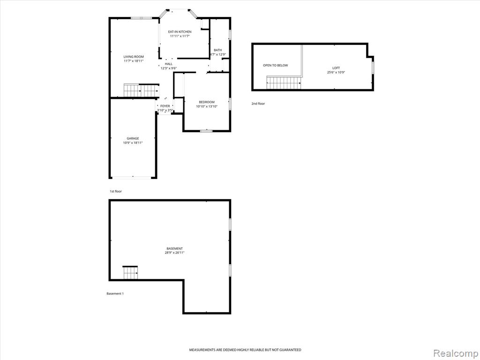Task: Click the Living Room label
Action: [134, 57]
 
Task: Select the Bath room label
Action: [218, 50]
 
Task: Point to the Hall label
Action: [169, 64]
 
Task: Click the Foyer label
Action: [165, 106]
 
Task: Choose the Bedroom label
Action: [207, 102]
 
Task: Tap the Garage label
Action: [133, 138]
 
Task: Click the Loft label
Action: [336, 68]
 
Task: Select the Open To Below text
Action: [276, 66]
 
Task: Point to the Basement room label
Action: [174, 248]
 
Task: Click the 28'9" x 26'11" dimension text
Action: [174, 253]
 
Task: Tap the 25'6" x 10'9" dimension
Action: [336, 73]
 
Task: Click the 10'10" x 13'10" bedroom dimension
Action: [207, 106]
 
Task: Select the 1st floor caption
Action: [116, 191]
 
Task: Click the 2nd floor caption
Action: [258, 104]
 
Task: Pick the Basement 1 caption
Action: [115, 294]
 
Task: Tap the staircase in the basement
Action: [130, 272]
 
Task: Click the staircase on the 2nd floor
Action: [284, 82]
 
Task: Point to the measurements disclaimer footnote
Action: [245, 350]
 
